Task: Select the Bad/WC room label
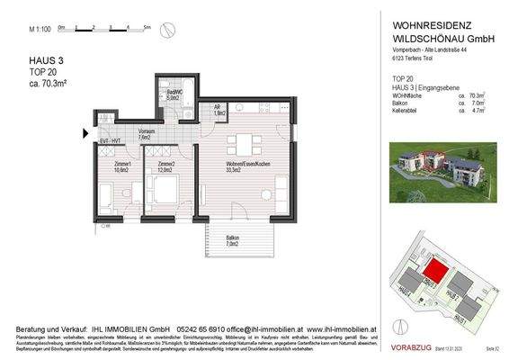pyautogui.click(x=174, y=94)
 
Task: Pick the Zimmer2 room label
pyautogui.click(x=165, y=166)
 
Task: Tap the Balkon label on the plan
pyautogui.click(x=234, y=240)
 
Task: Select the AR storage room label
pyautogui.click(x=219, y=112)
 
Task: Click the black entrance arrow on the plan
pyautogui.click(x=85, y=134)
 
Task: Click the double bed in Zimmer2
pyautogui.click(x=165, y=192)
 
